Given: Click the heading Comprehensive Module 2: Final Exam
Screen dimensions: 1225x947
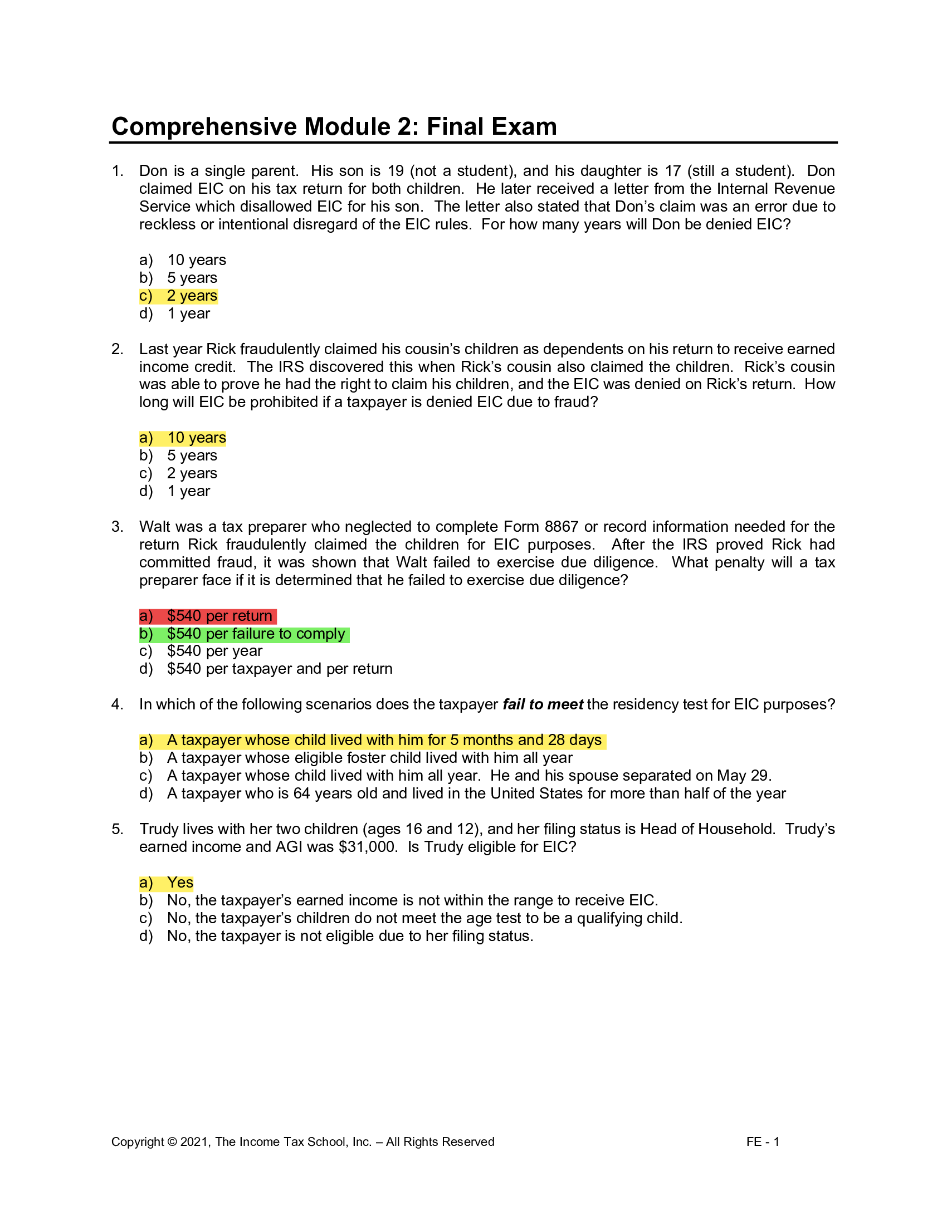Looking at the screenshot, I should click(334, 127).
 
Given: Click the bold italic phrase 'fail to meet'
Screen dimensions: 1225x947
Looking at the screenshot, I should click(543, 704).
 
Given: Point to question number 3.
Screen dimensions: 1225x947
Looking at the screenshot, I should click(116, 527).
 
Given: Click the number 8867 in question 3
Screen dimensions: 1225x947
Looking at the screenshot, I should click(561, 527).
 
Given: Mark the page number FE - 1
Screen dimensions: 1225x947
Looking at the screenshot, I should click(763, 1142).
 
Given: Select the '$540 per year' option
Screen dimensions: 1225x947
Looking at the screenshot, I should click(214, 651).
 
